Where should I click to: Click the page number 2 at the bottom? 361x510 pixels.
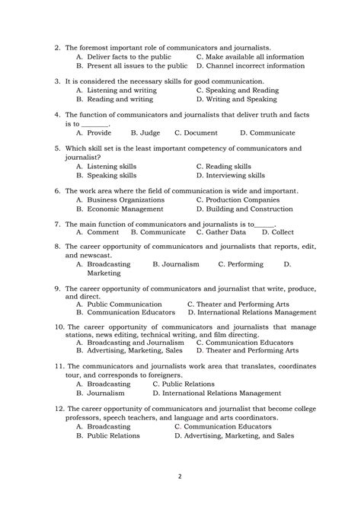point(180,478)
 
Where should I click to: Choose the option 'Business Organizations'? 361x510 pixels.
point(126,199)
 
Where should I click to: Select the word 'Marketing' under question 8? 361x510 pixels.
point(103,273)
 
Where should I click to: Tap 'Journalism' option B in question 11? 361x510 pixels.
point(105,394)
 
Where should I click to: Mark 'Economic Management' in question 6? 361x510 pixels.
point(125,209)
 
